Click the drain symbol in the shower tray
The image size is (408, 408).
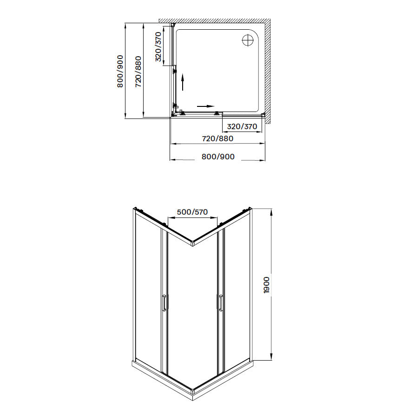(x=248, y=40)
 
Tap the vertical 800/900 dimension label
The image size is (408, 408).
(x=120, y=71)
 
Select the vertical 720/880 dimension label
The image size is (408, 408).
(x=138, y=72)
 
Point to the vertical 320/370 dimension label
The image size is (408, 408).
(x=158, y=47)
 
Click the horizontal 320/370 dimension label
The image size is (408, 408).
(x=242, y=126)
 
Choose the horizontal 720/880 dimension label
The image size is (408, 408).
(x=217, y=138)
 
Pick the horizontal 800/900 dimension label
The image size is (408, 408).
(x=218, y=157)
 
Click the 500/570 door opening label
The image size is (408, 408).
(x=192, y=212)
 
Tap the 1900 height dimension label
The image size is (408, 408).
(x=267, y=285)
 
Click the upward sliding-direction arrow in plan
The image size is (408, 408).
(x=183, y=82)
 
